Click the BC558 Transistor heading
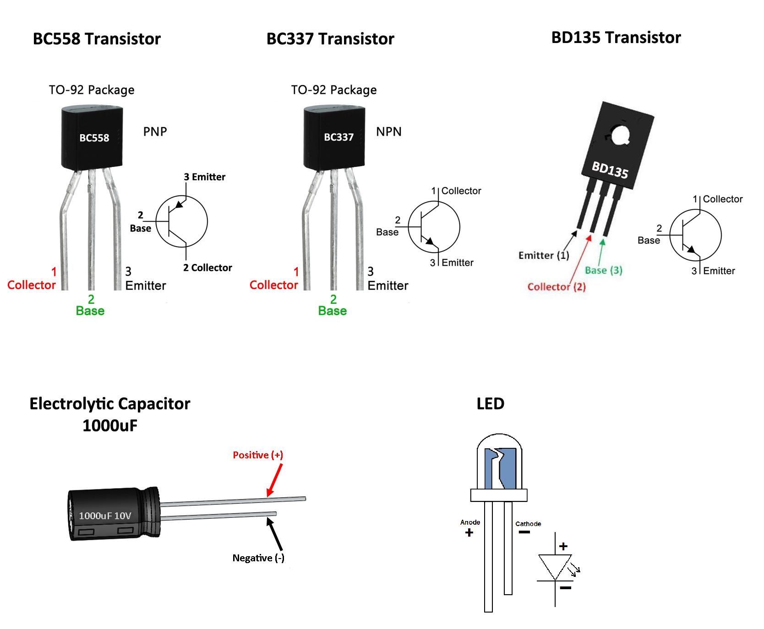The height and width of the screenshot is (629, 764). coord(97,39)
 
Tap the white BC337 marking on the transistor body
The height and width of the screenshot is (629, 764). coord(338,137)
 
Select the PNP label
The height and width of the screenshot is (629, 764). coord(155,132)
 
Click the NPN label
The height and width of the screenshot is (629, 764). coord(388,132)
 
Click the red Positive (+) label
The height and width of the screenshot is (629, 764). coord(258,455)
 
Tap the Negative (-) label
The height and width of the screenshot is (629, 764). coord(258,558)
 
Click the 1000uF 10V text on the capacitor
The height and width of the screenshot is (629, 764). coord(105,516)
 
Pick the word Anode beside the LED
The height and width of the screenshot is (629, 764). coord(470,522)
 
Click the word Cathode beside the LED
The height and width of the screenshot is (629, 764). coord(528,524)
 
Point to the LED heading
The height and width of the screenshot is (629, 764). coord(490,403)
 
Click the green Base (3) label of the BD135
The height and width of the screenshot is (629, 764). coord(603,270)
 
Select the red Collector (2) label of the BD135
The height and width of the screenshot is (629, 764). coord(557,287)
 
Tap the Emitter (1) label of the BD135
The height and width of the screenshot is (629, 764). coord(544,255)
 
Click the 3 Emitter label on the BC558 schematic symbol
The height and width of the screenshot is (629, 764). coord(204,177)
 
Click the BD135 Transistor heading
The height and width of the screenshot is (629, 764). coord(616,38)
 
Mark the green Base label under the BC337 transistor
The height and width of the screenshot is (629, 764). coord(333,311)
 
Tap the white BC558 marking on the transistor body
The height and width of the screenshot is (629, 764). coord(94,138)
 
